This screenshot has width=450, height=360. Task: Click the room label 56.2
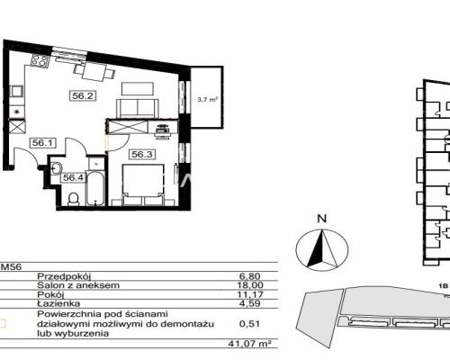tap(83, 96)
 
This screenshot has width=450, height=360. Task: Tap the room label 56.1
tap(43, 143)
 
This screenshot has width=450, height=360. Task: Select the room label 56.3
tap(142, 155)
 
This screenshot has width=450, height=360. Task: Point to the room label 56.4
tap(73, 177)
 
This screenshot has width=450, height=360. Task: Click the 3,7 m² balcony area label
tap(207, 100)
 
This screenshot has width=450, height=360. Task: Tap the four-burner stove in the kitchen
tap(40, 60)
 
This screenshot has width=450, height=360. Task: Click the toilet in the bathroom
tap(74, 199)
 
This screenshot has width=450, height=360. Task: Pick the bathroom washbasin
tap(56, 167)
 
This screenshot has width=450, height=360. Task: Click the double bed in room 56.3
tap(143, 184)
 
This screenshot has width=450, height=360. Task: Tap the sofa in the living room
tap(137, 108)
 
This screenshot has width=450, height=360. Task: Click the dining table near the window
tap(94, 72)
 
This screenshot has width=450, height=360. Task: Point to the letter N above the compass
tap(322, 219)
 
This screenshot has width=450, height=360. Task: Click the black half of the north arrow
tap(317, 251)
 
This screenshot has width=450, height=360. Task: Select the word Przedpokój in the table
tap(64, 276)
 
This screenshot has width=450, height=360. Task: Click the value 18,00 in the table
tap(251, 285)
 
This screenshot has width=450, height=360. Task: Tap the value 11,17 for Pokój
tap(250, 294)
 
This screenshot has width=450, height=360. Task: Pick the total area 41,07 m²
tap(249, 343)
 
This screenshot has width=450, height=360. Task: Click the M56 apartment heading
tap(12, 266)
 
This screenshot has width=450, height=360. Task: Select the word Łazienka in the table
tap(58, 303)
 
